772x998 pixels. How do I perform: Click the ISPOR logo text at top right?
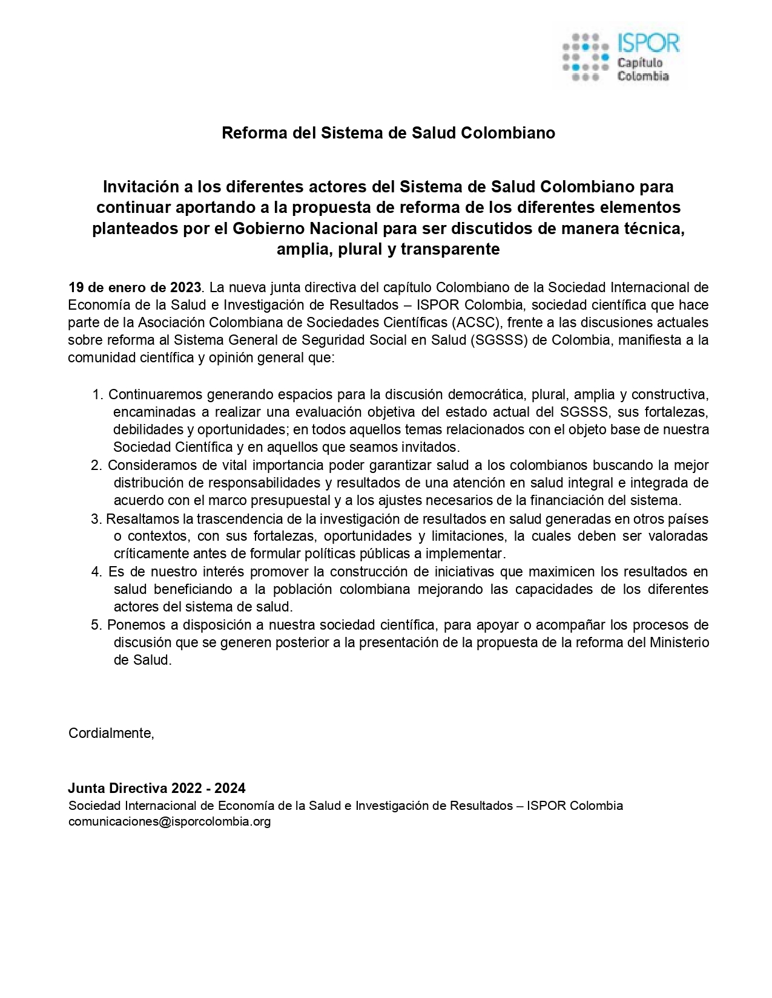pos(648,44)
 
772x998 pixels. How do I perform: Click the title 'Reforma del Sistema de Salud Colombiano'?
pos(388,133)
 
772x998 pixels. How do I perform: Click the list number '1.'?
pos(98,395)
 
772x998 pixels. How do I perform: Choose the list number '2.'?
pos(97,466)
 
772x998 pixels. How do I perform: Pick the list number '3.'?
pos(97,519)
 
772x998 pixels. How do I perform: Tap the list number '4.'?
pos(97,572)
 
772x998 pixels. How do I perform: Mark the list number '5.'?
pos(97,625)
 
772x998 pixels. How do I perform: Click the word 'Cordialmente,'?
pos(111,733)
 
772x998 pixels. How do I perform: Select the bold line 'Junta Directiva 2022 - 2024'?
pos(157,788)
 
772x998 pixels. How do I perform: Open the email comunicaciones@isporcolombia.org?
pos(170,822)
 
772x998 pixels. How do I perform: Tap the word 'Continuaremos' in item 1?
pos(156,395)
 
